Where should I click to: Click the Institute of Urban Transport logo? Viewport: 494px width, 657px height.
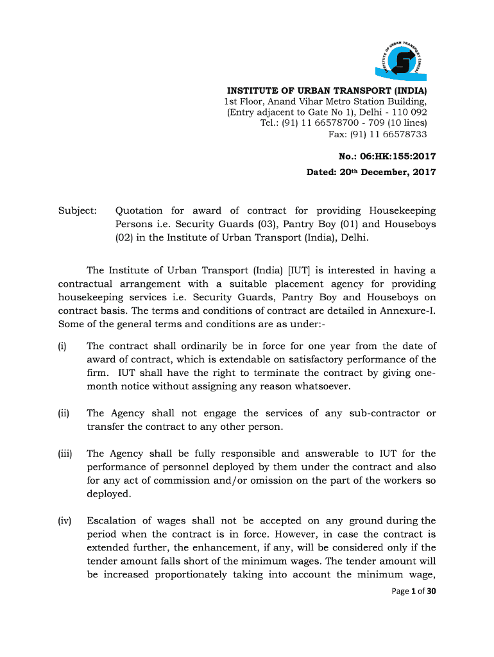[402, 57]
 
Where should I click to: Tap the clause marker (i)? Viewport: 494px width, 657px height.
[62, 346]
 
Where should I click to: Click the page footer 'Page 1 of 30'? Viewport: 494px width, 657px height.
[414, 591]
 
